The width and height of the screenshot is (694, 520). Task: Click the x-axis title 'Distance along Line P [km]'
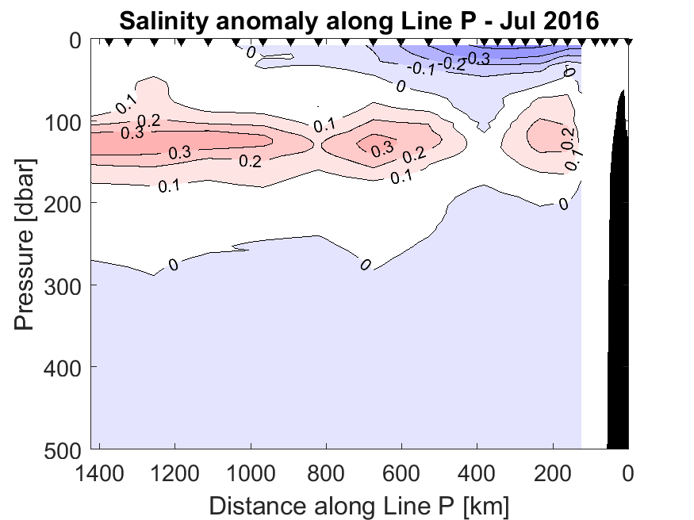[359, 504]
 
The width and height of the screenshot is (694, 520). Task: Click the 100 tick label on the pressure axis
[64, 122]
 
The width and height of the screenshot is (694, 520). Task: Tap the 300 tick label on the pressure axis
[64, 285]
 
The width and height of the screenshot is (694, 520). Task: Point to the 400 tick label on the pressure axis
[64, 366]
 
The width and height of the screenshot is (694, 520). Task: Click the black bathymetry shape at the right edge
[619, 317]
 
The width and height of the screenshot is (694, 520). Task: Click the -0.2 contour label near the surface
[454, 64]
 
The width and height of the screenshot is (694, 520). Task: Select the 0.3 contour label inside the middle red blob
[382, 147]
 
